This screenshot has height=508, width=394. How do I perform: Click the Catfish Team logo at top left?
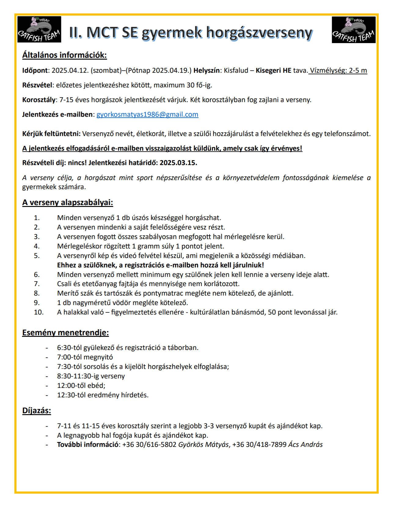click(x=39, y=29)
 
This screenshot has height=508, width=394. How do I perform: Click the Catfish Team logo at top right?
click(x=353, y=30)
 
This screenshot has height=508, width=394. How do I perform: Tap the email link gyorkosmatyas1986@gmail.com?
click(x=147, y=114)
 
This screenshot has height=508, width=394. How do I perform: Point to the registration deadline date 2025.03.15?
click(x=178, y=163)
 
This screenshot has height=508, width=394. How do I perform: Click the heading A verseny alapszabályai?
click(x=67, y=203)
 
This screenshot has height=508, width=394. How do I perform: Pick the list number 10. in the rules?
click(x=38, y=312)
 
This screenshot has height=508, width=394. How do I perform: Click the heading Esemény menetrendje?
click(x=65, y=333)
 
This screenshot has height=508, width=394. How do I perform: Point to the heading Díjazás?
click(x=37, y=410)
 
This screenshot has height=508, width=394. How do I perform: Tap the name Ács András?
click(x=305, y=444)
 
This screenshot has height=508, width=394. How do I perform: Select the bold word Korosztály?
click(x=39, y=100)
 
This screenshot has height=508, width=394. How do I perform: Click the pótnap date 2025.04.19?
click(x=171, y=71)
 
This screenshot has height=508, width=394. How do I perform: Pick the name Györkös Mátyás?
click(x=203, y=444)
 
